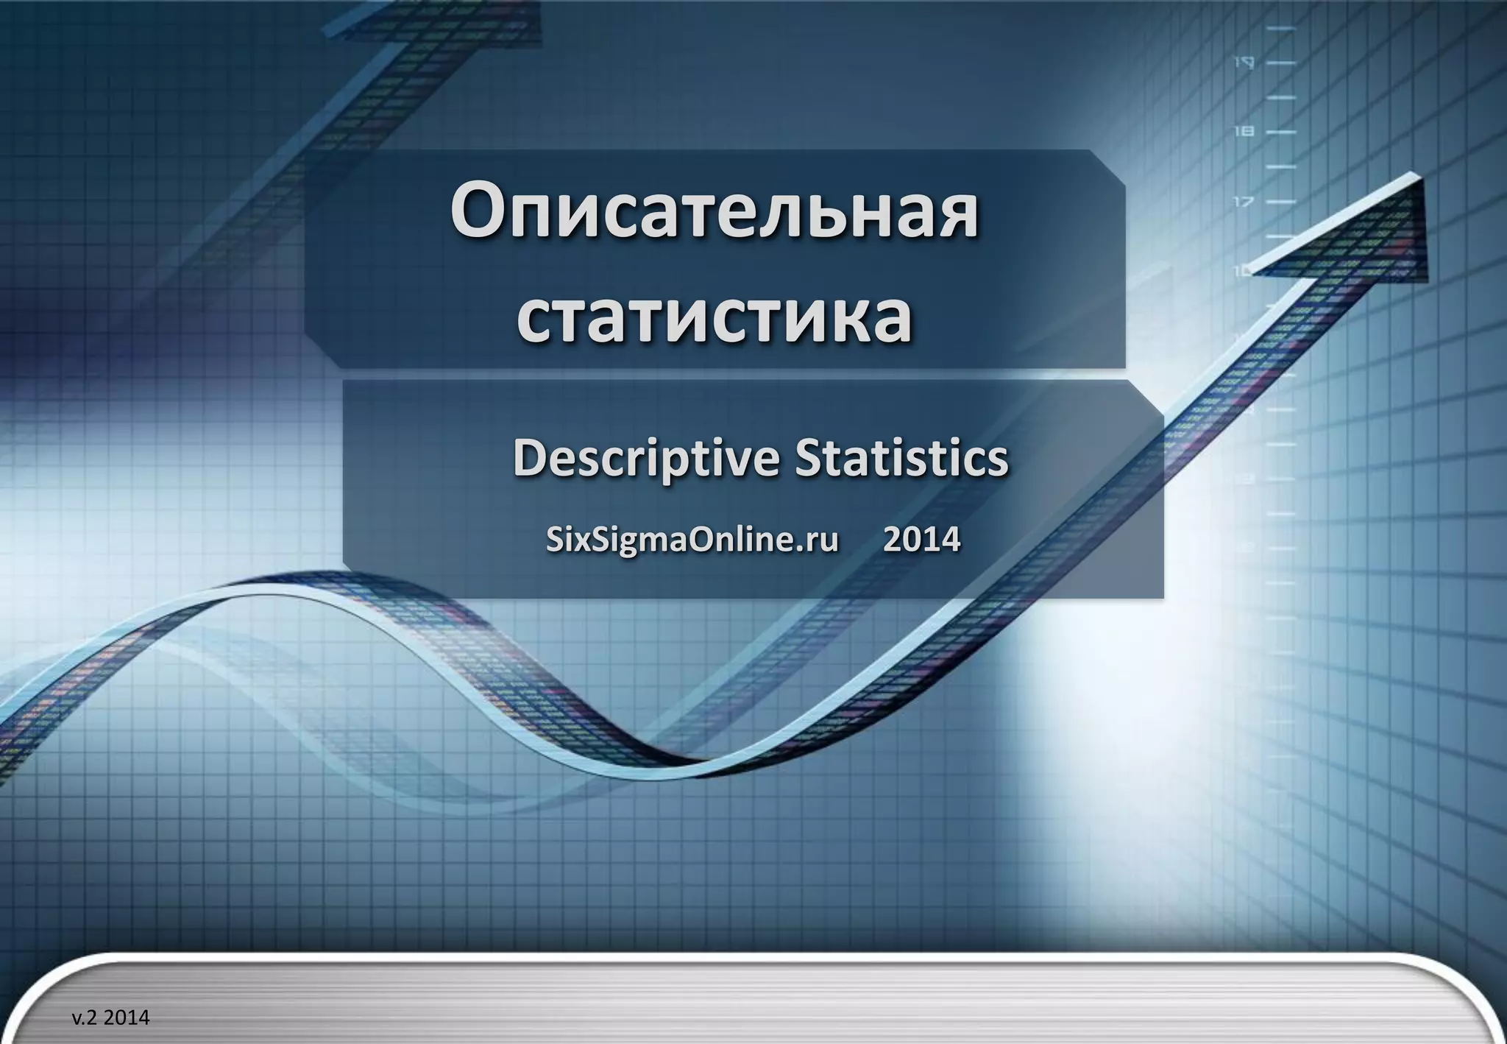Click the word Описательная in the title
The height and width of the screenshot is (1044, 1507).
714,214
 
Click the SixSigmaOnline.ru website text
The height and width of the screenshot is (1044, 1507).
692,540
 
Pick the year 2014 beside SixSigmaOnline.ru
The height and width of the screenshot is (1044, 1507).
921,540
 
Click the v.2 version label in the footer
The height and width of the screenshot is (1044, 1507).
85,1017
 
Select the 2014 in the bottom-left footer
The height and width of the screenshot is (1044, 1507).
127,1017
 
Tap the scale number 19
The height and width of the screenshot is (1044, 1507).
1244,63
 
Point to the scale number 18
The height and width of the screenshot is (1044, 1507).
1244,132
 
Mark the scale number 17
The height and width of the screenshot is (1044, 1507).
1244,201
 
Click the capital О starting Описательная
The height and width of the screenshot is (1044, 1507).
479,214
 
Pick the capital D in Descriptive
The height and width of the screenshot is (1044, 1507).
531,458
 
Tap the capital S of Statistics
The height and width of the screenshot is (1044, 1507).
808,458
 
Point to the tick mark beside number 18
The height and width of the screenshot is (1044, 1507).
1281,132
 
